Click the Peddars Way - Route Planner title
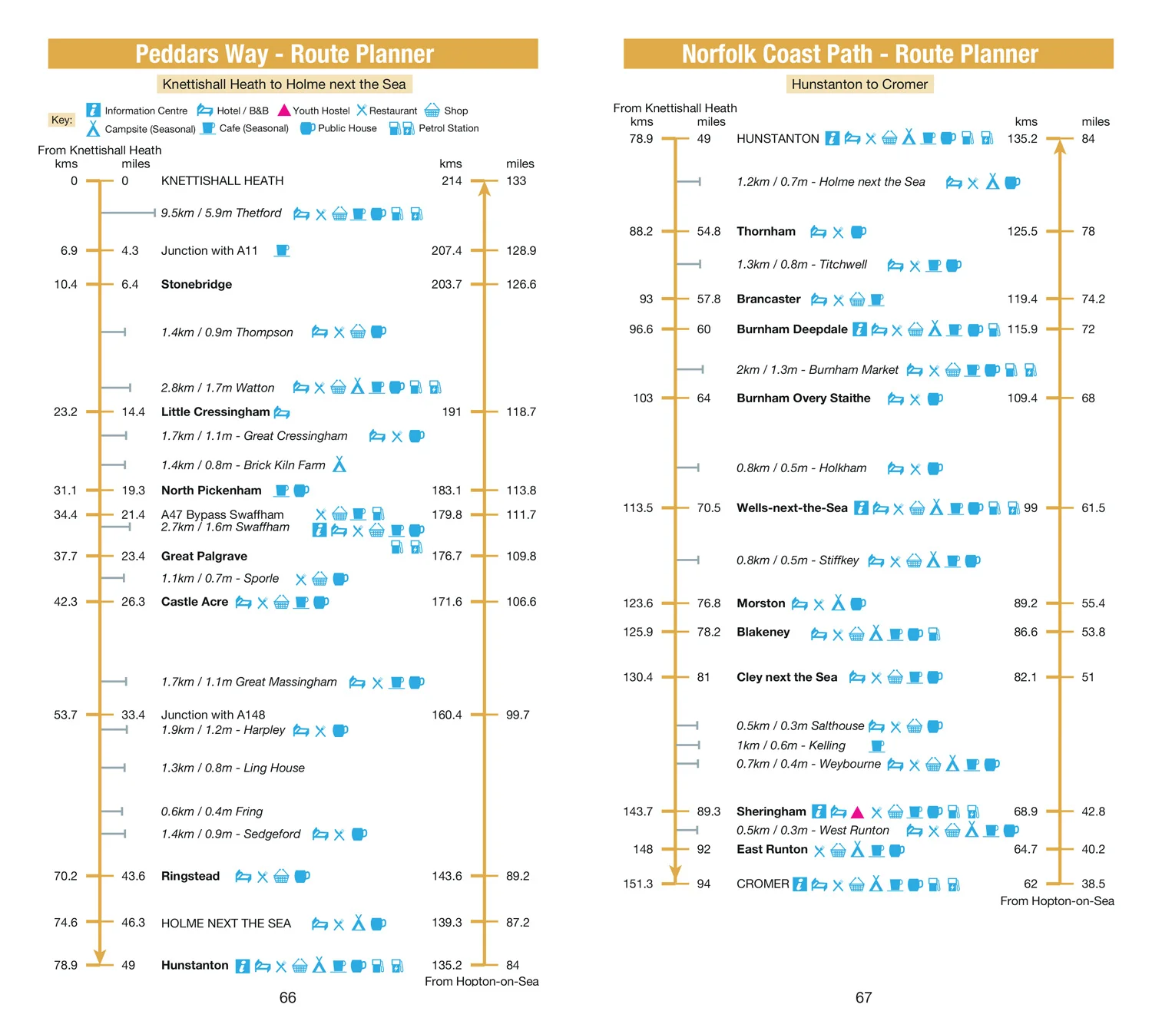point(284,54)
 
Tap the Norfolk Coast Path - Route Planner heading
point(859,54)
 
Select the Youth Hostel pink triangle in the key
point(283,110)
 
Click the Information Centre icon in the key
point(93,110)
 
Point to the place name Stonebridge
point(196,284)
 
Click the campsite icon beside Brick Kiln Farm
point(339,464)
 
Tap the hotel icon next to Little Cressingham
point(282,412)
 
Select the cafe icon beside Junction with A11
point(282,250)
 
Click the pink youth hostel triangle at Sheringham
point(857,811)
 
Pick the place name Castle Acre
point(194,601)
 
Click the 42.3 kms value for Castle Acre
point(65,601)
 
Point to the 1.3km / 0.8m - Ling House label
point(233,768)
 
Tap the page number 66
point(288,997)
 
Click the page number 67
point(863,997)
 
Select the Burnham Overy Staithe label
point(803,398)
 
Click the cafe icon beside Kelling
point(877,745)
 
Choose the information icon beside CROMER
point(799,884)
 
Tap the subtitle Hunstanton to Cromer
point(859,84)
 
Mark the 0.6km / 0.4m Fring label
point(211,811)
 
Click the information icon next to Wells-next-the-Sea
point(861,507)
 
